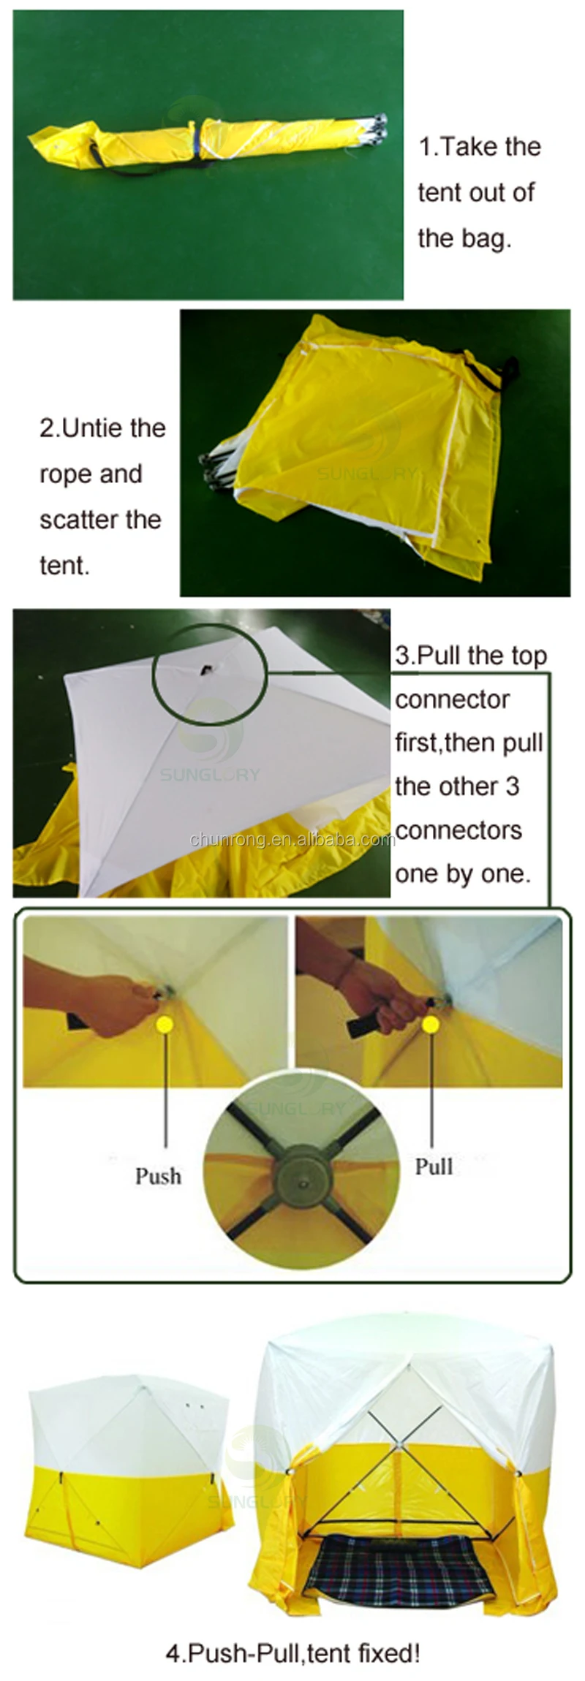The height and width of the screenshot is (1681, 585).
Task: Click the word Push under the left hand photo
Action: pos(158,1176)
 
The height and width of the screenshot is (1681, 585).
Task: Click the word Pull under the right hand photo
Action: pos(434,1166)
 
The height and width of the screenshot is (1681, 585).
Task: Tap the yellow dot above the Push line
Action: pos(165,1025)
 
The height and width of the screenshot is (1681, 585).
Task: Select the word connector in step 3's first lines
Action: pos(452,699)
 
